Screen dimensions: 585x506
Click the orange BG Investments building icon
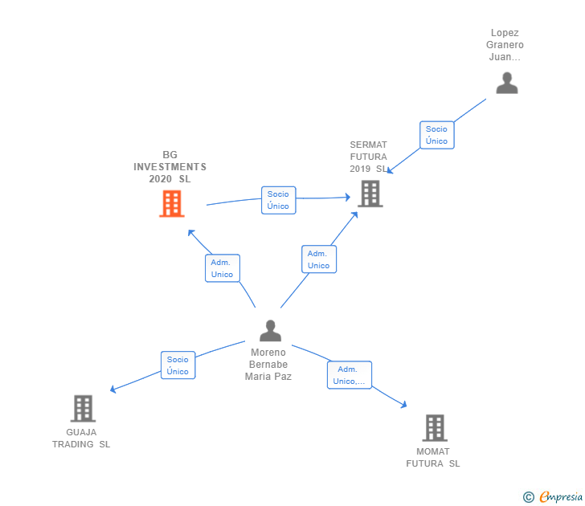(172, 203)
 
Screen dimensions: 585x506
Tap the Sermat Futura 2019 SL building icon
(370, 194)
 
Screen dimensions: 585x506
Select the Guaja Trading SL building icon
(84, 408)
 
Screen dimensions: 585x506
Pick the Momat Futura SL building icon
(435, 428)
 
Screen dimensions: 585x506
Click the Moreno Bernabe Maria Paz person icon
(271, 331)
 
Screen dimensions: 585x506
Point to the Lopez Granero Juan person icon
(507, 84)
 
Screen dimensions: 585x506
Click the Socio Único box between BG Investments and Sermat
(279, 200)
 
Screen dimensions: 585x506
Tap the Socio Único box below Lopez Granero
(437, 135)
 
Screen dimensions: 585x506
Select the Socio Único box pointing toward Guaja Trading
(178, 365)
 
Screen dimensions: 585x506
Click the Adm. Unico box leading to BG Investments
(223, 268)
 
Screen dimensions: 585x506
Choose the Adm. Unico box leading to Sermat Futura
(319, 259)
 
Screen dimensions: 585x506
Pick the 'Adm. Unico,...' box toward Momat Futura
(350, 375)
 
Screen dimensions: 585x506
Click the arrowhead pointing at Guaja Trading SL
(112, 390)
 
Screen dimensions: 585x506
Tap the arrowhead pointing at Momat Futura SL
(403, 404)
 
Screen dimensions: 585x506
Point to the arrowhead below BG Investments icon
(191, 233)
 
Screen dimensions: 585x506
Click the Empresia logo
(561, 496)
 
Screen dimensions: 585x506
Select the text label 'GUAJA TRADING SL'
(81, 439)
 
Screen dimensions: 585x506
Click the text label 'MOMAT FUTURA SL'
(433, 458)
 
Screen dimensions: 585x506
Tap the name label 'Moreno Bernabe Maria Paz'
(268, 365)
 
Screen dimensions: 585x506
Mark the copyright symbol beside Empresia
(529, 497)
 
